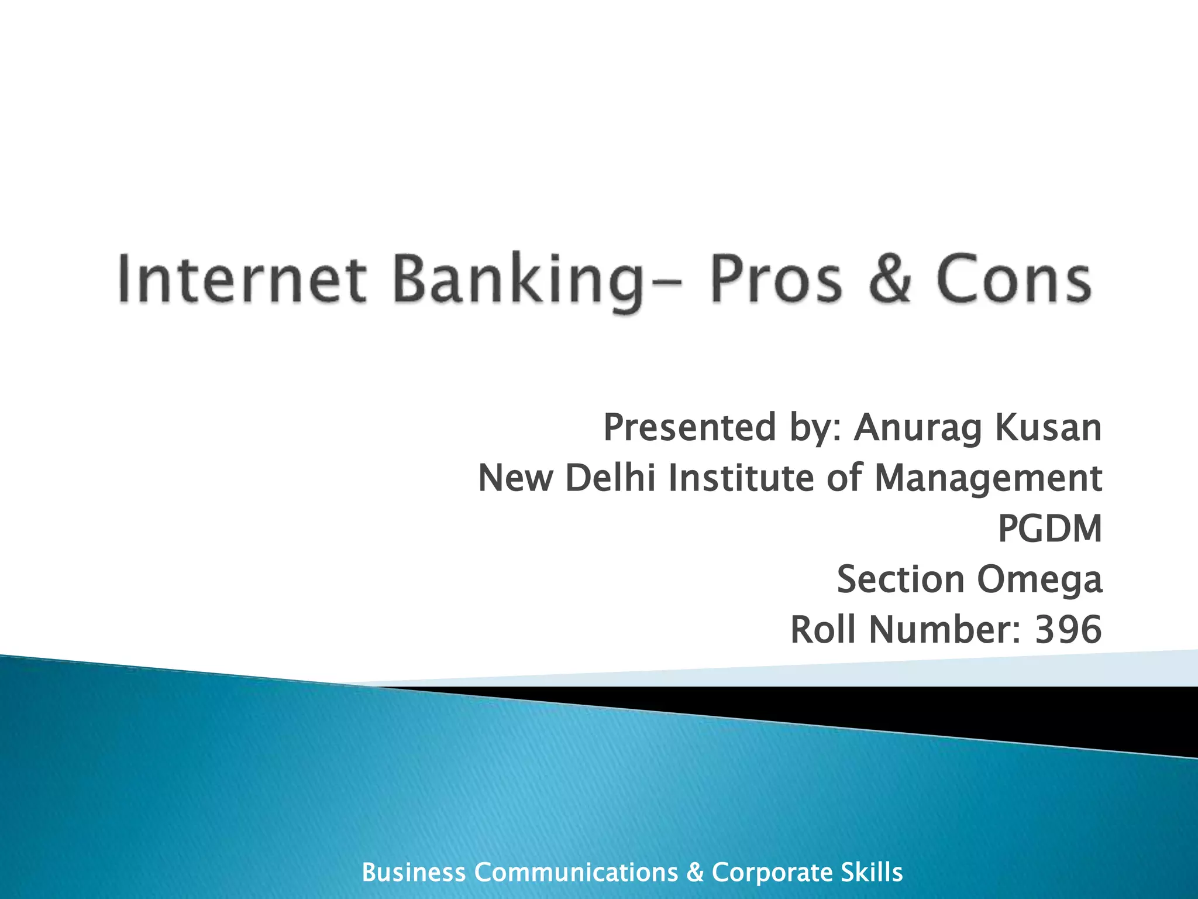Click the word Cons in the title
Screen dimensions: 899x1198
point(1013,279)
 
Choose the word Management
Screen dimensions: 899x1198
point(988,479)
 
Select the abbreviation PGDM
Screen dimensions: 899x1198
point(1049,529)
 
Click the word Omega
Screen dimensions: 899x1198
point(1039,581)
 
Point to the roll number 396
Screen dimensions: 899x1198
point(1068,630)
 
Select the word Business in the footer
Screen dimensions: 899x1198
point(414,872)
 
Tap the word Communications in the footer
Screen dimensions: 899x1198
point(576,872)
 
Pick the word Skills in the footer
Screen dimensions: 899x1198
point(872,872)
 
